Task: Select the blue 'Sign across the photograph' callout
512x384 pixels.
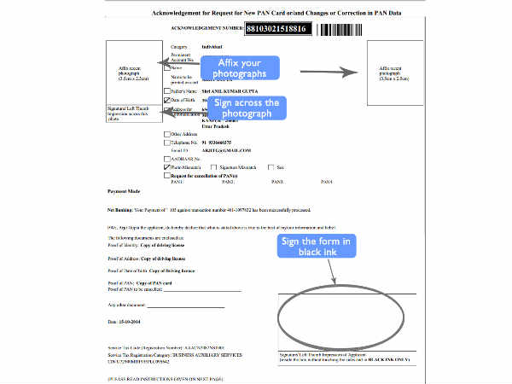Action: [247, 108]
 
